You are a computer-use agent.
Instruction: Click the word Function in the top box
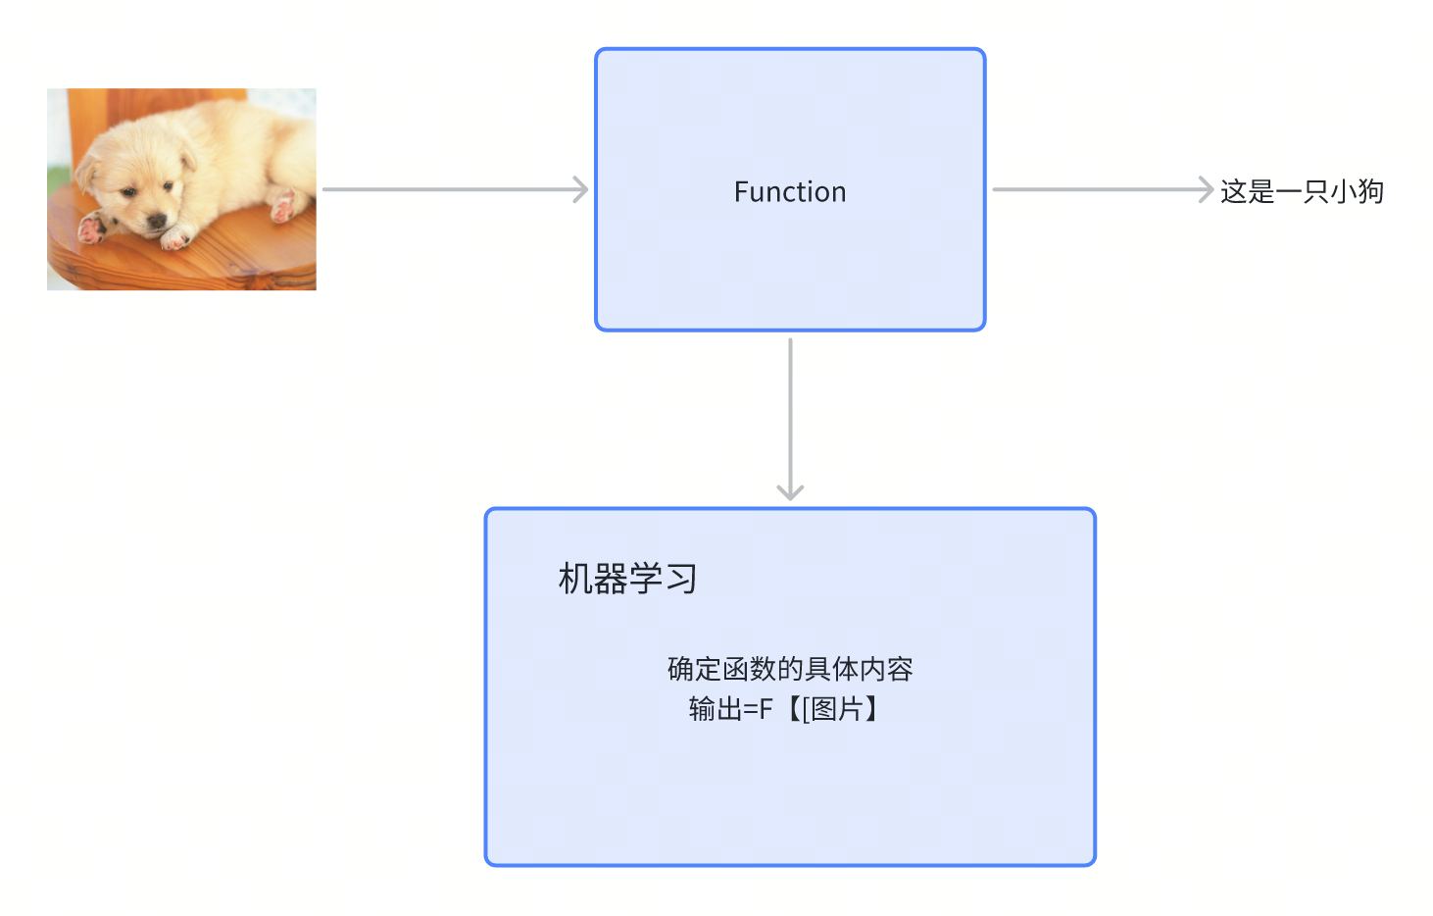click(x=789, y=191)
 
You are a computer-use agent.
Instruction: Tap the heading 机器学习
click(x=627, y=579)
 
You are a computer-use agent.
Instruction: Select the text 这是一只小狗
click(x=1301, y=191)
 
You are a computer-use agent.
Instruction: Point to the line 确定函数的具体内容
click(x=790, y=669)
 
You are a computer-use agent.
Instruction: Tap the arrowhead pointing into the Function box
click(x=581, y=189)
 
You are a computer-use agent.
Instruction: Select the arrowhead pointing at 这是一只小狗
click(x=1207, y=189)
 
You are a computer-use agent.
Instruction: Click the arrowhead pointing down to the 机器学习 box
click(x=790, y=490)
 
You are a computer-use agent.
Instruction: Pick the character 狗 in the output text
click(x=1370, y=191)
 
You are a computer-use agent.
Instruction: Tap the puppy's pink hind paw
click(x=284, y=206)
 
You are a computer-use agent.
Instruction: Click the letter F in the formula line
click(x=766, y=708)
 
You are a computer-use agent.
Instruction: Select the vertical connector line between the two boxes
click(x=790, y=412)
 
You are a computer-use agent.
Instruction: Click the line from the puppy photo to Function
click(x=451, y=189)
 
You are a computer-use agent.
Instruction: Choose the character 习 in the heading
click(x=680, y=579)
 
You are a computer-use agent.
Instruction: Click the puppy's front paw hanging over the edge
click(x=92, y=230)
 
